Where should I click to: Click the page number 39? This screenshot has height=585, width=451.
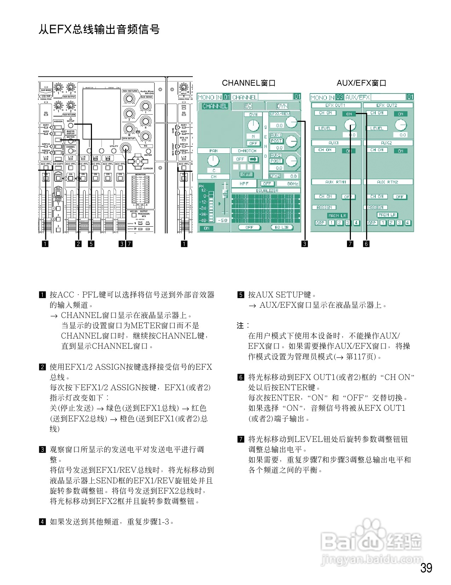(426, 568)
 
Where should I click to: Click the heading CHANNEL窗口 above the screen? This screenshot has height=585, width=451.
(249, 83)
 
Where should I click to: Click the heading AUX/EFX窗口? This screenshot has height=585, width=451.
(361, 83)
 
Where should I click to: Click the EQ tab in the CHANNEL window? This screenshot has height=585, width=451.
(248, 106)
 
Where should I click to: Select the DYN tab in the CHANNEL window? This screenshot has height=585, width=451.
(282, 106)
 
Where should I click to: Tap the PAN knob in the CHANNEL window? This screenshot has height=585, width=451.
(213, 161)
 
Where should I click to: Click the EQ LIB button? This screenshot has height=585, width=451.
(282, 227)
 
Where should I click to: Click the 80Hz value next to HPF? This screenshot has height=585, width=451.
(293, 183)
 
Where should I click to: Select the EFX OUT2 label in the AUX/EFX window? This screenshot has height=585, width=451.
(387, 105)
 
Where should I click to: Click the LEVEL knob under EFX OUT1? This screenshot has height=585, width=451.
(350, 125)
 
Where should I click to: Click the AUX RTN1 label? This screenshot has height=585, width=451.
(336, 182)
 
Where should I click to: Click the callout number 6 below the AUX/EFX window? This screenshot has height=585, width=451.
(366, 244)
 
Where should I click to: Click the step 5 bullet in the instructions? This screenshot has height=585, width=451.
(241, 295)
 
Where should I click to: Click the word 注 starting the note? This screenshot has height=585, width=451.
(240, 325)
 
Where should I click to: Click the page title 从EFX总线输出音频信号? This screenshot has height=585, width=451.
(99, 29)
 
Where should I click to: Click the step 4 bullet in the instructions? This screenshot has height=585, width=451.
(42, 522)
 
